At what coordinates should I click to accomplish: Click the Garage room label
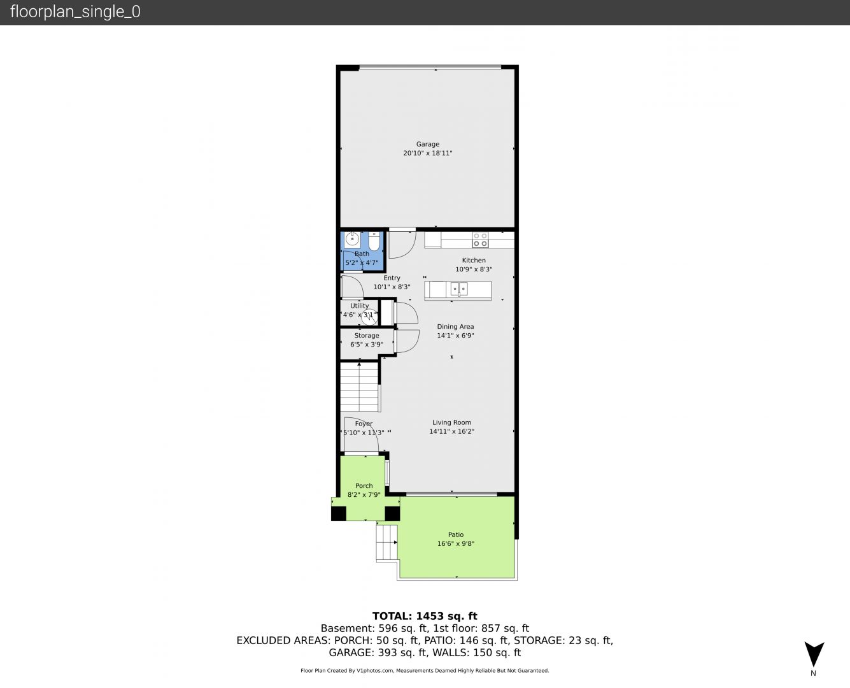tap(428, 144)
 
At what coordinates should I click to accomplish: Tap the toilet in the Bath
tap(374, 241)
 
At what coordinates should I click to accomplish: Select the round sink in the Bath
tap(352, 240)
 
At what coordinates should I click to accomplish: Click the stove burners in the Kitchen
tap(480, 240)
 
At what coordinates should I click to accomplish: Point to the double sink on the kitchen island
tap(459, 289)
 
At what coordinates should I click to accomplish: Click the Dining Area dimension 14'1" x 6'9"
tap(455, 336)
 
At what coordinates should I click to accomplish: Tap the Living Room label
tap(451, 422)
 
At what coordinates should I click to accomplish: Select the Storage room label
tap(366, 336)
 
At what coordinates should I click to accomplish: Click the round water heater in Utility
tap(369, 317)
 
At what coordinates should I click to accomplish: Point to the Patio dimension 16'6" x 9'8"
tap(456, 543)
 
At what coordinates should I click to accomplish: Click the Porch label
tap(364, 485)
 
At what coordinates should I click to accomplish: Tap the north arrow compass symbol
tap(814, 654)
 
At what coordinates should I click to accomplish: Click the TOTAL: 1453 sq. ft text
tap(425, 616)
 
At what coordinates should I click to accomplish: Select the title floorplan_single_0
tap(75, 12)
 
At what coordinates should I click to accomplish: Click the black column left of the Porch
tap(338, 513)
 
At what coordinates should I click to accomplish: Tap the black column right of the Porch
tap(392, 513)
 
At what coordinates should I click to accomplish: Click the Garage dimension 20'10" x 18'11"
tap(428, 153)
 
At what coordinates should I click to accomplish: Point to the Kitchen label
tap(474, 260)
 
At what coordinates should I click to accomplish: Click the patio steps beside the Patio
tap(386, 542)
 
